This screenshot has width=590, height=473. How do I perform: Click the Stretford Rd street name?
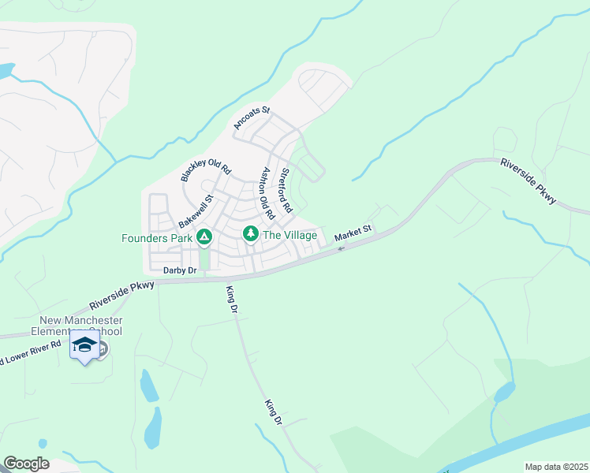(x=286, y=189)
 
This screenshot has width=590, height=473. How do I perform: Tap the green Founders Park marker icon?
(x=204, y=236)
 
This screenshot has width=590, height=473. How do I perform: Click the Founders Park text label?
(x=157, y=237)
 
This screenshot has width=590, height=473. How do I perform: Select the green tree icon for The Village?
(x=251, y=234)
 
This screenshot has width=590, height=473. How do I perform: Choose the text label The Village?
(x=289, y=235)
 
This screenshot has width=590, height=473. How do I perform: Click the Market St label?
(x=352, y=234)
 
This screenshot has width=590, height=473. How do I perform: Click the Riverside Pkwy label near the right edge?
(x=528, y=181)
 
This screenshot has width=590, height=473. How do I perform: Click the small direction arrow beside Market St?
(x=341, y=249)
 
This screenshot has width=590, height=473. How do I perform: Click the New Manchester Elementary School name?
(x=82, y=326)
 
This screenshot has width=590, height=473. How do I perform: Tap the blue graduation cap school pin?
(x=84, y=345)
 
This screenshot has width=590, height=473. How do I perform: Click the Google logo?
(x=26, y=464)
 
